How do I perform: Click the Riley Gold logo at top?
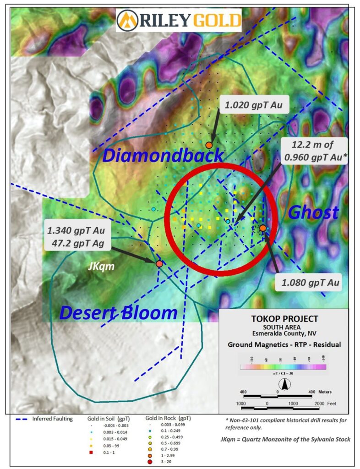pyautogui.click(x=179, y=20)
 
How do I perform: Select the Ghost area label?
pyautogui.click(x=313, y=212)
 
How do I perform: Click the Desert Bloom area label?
pyautogui.click(x=119, y=313)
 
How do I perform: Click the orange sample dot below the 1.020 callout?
pyautogui.click(x=209, y=145)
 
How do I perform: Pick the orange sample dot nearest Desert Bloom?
pyautogui.click(x=159, y=264)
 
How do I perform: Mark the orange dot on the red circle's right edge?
pyautogui.click(x=263, y=228)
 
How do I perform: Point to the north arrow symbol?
pyautogui.click(x=284, y=386)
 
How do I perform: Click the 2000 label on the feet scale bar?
pyautogui.click(x=319, y=403)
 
